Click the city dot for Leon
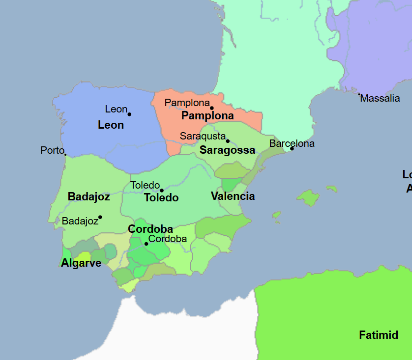pos(129,114)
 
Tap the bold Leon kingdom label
pos(111,125)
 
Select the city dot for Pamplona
pos(212,108)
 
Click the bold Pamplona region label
pos(207,116)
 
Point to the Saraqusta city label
pos(203,136)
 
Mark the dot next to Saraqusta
pos(228,141)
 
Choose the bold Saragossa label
pos(227,150)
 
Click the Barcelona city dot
pos(292,148)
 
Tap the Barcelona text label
pos(292,143)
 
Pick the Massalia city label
pos(380,98)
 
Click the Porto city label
pos(52,150)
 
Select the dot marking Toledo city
pos(162,191)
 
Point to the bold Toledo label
pos(161,198)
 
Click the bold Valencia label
pos(233,196)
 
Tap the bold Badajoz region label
pos(88,197)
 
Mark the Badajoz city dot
pos(100,217)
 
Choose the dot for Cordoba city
pos(147,244)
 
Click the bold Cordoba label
pos(150,229)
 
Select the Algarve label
pos(81,263)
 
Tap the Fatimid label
pos(378,335)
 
